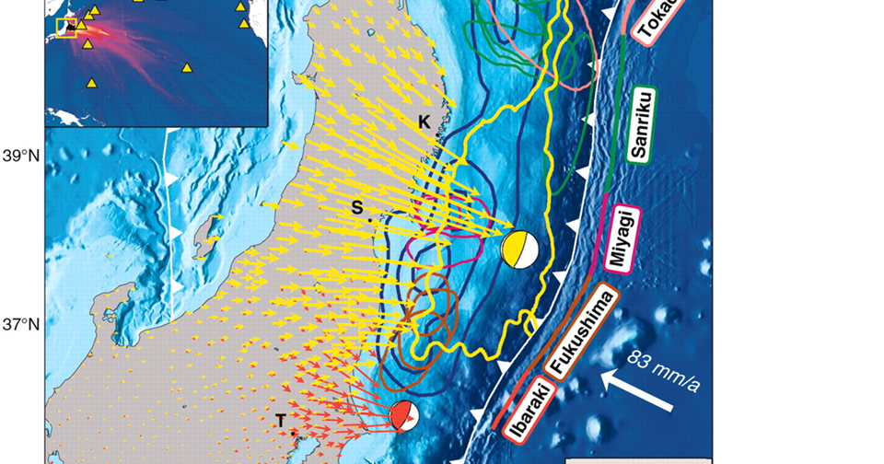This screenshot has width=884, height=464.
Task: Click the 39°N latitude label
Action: (x=19, y=156)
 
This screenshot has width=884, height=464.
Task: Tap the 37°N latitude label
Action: (x=19, y=325)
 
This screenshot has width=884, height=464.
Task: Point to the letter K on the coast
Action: (x=424, y=122)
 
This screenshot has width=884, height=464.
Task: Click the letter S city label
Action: (x=357, y=208)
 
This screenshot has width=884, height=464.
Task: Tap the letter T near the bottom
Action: (x=281, y=420)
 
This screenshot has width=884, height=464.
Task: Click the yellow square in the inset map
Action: (x=67, y=28)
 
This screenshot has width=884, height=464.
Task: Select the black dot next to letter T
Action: (x=293, y=431)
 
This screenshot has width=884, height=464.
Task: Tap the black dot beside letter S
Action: (x=370, y=220)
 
